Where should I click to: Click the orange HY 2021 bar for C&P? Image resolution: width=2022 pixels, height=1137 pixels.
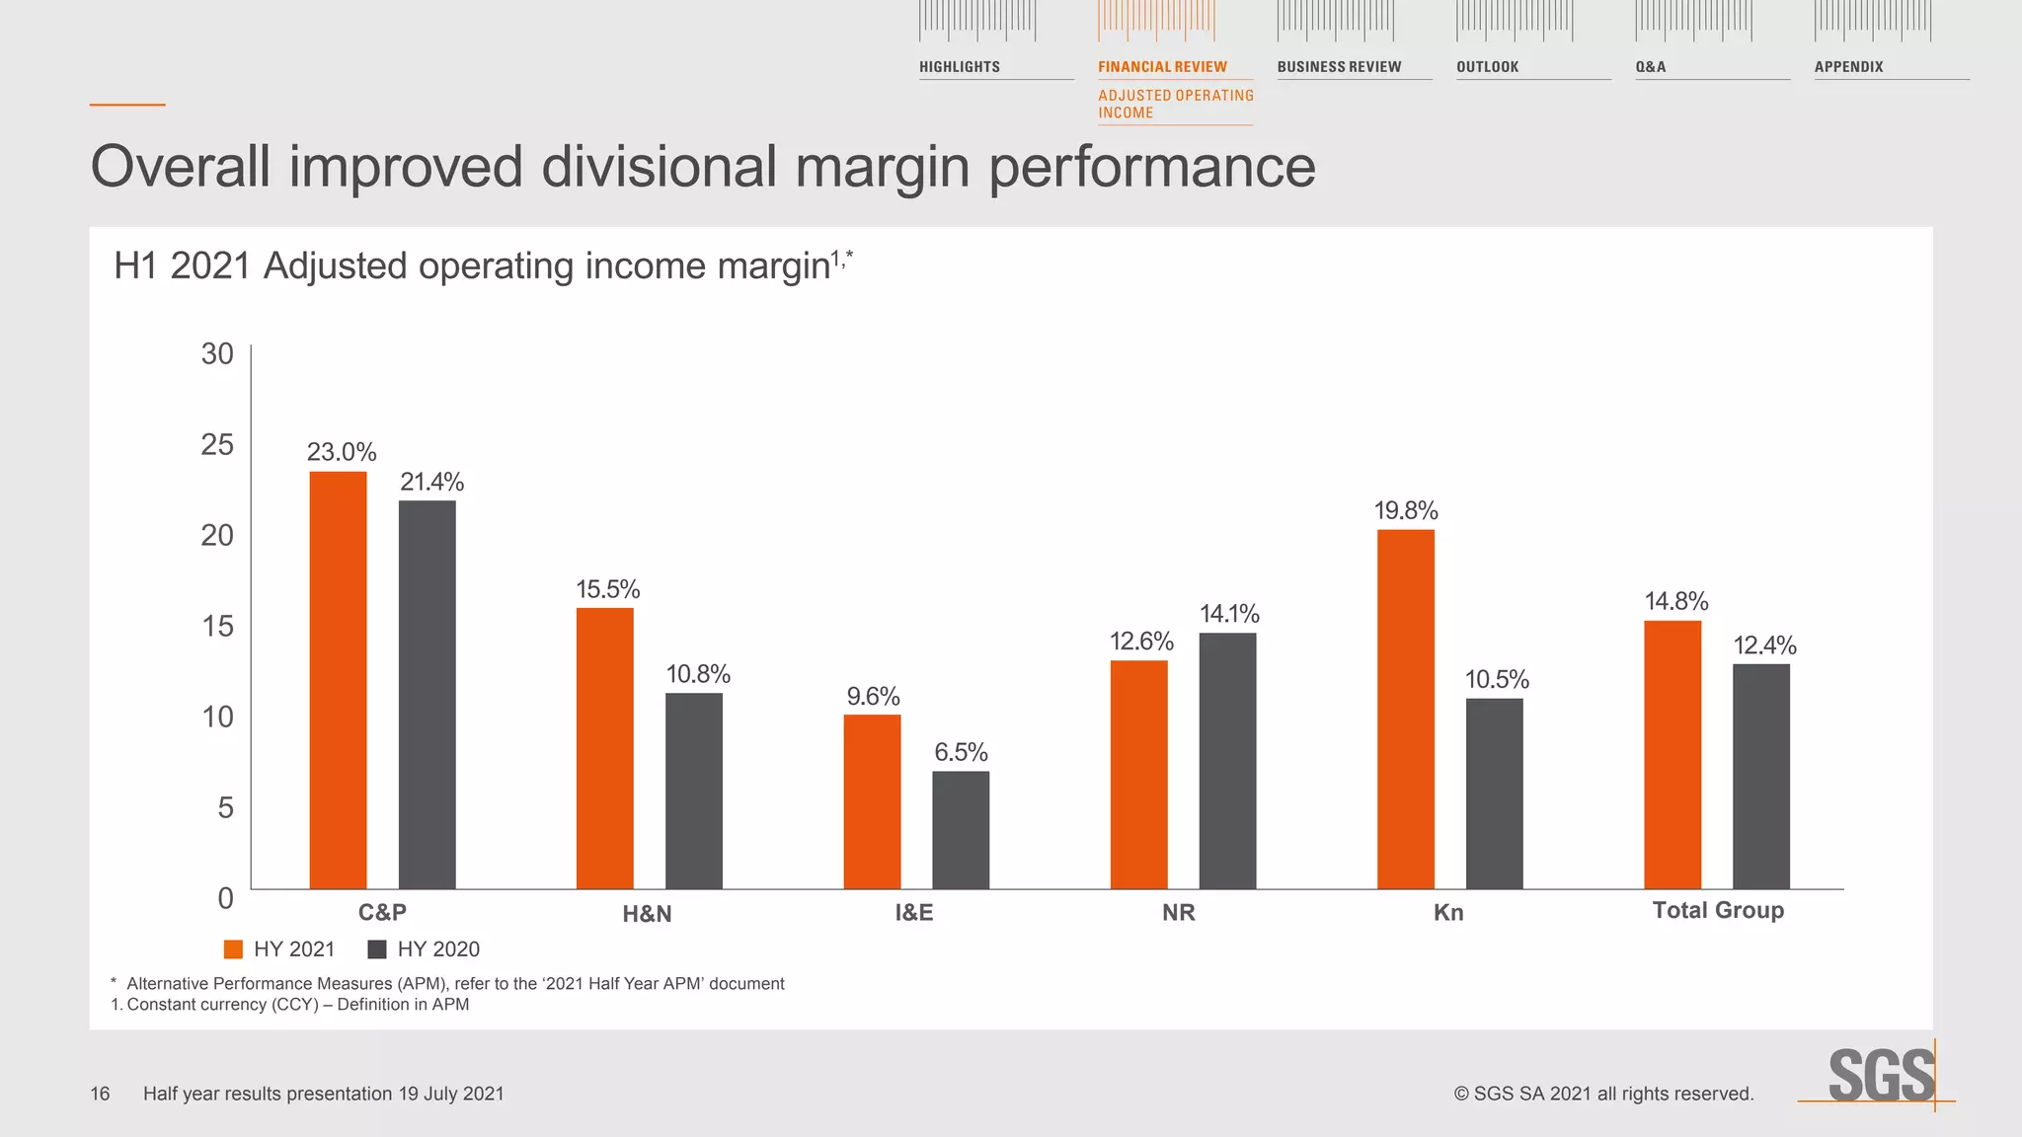pos(338,680)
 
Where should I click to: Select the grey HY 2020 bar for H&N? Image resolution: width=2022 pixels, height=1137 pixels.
pos(693,791)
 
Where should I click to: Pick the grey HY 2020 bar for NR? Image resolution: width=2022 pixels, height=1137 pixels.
pos(1227,760)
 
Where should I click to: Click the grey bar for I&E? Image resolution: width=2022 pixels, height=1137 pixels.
pos(960,829)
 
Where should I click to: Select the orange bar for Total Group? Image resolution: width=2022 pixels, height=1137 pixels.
pos(1672,754)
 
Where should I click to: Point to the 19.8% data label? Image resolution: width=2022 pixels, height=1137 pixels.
pos(1405,511)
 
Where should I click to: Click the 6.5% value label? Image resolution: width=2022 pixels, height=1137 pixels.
pos(960,753)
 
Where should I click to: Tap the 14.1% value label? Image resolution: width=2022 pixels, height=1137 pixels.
pos(1228,614)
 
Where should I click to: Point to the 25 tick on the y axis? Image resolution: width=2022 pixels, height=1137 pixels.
pos(217,445)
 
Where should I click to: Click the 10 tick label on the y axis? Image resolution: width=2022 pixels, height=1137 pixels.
pos(217,718)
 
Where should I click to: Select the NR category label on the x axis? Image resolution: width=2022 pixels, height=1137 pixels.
pos(1178,913)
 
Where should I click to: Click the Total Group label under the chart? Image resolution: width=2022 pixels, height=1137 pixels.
pos(1717,911)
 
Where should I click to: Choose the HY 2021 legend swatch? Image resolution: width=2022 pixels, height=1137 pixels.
pos(234,949)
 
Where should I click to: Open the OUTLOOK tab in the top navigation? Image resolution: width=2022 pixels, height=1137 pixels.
pos(1487,67)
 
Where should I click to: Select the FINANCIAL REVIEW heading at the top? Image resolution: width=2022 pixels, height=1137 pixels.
pos(1162,67)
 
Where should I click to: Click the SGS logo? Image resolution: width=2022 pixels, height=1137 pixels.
pos(1880,1076)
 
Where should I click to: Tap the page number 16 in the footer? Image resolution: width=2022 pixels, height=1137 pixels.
pos(100,1094)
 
